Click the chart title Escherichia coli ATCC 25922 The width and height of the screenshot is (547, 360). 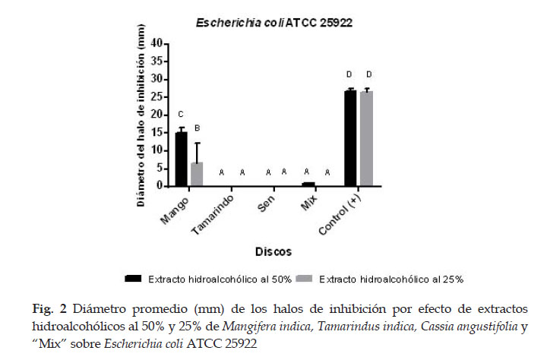[273, 23]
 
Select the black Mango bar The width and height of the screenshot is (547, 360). [181, 159]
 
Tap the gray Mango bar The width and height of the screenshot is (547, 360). [197, 174]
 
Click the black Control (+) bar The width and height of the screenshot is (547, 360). [350, 138]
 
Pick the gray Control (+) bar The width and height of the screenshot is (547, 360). [366, 138]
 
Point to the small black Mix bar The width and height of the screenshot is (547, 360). [308, 185]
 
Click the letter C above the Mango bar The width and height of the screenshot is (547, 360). [181, 115]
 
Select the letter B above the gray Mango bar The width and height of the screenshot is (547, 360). [197, 128]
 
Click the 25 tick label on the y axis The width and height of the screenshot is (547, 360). [157, 97]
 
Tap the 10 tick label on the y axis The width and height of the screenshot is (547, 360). [157, 150]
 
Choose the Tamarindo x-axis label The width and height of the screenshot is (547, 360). [213, 215]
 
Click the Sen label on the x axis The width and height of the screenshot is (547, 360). [266, 204]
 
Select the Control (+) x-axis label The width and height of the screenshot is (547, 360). [340, 215]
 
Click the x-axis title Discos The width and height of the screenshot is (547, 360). [273, 251]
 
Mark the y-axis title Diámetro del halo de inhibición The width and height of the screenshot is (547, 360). [141, 115]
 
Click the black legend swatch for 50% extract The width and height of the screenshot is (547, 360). [133, 279]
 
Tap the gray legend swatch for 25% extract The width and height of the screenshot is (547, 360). [304, 279]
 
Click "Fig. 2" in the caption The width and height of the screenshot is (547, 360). [49, 309]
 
